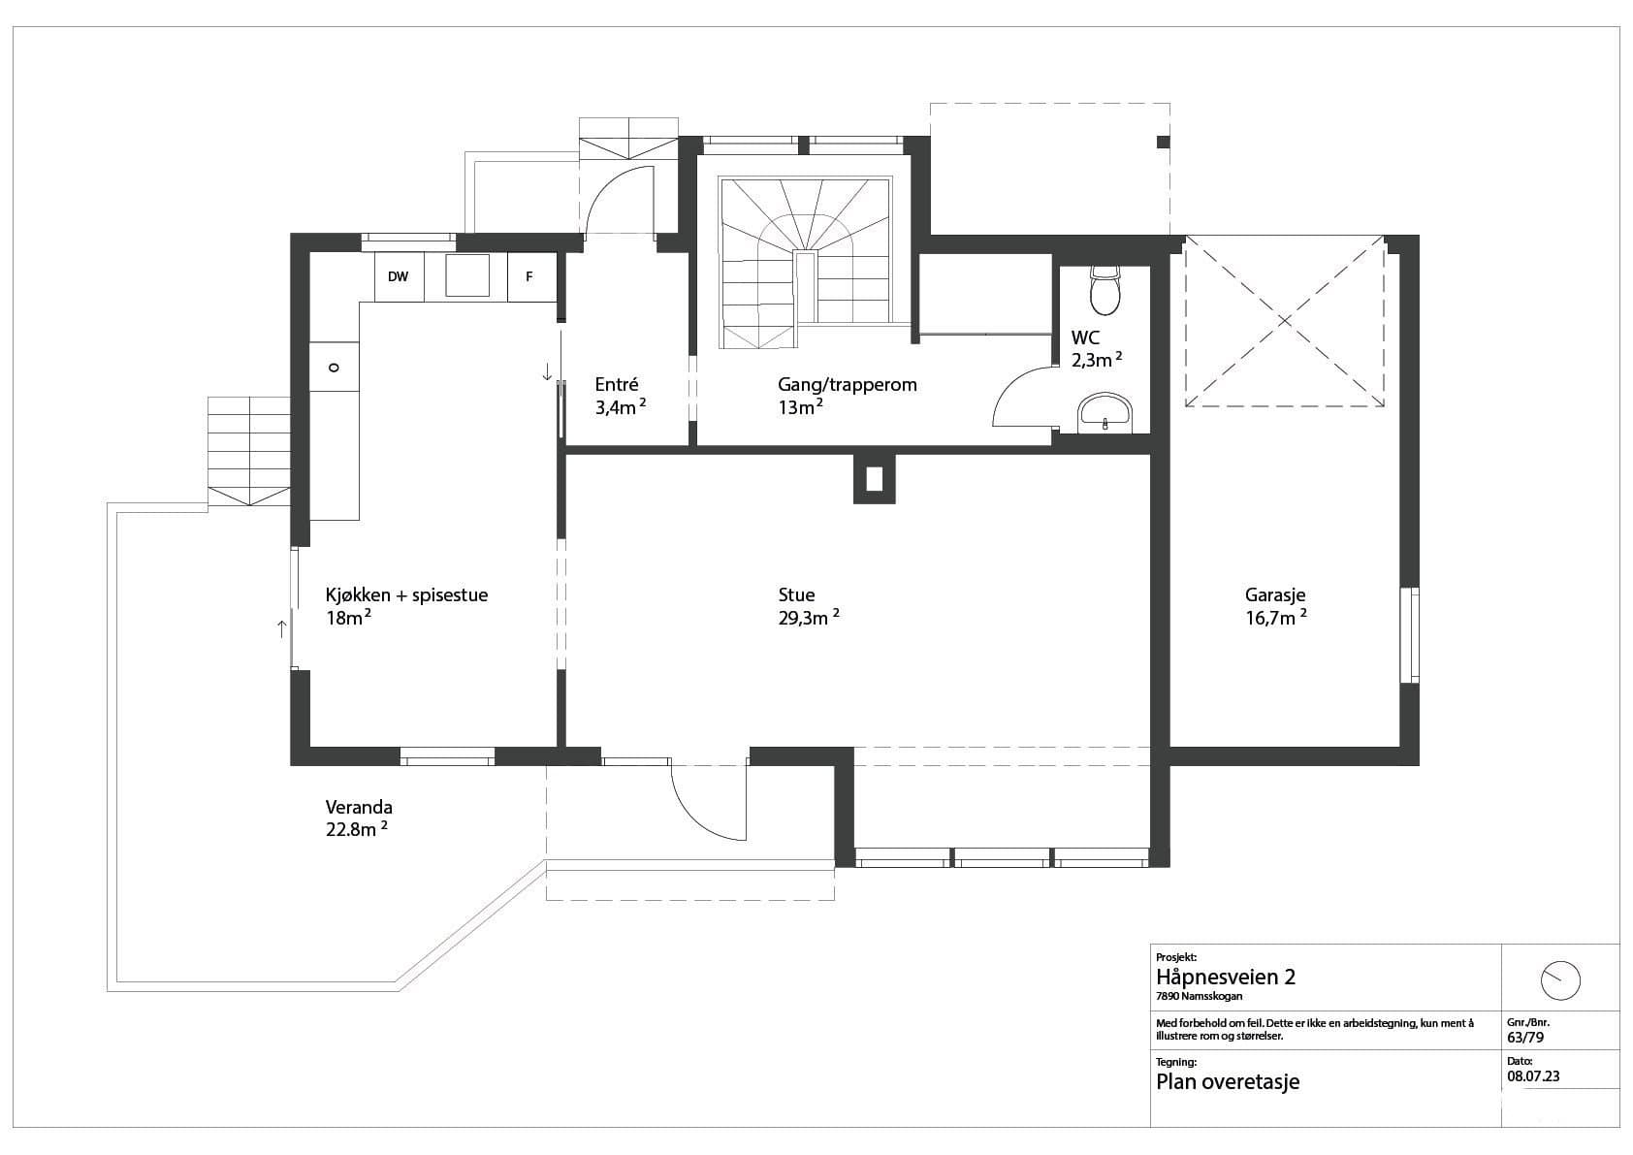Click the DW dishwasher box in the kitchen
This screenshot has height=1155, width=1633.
399,276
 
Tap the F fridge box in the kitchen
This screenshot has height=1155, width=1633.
531,276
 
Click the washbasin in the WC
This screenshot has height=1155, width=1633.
1105,413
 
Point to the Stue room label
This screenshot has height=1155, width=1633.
796,595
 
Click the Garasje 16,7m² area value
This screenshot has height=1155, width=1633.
1276,619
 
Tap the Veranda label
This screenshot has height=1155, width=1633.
359,807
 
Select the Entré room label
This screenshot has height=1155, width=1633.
617,384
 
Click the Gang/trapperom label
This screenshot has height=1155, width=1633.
848,385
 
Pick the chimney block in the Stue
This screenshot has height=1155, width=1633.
874,479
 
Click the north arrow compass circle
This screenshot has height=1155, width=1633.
1560,980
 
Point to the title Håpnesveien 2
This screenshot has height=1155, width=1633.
1226,978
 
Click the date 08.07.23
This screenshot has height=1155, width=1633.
1533,1076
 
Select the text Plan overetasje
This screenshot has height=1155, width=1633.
1228,1082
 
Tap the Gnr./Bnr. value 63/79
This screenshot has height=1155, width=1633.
1525,1038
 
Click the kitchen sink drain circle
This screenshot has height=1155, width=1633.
334,368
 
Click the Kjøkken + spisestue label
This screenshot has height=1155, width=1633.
406,595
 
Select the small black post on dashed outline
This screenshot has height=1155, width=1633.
1164,143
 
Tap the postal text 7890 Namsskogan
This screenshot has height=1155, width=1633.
1200,996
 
